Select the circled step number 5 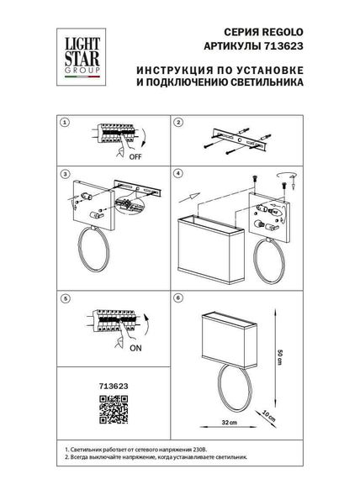[x=64, y=297]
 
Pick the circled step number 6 [x=178, y=297]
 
